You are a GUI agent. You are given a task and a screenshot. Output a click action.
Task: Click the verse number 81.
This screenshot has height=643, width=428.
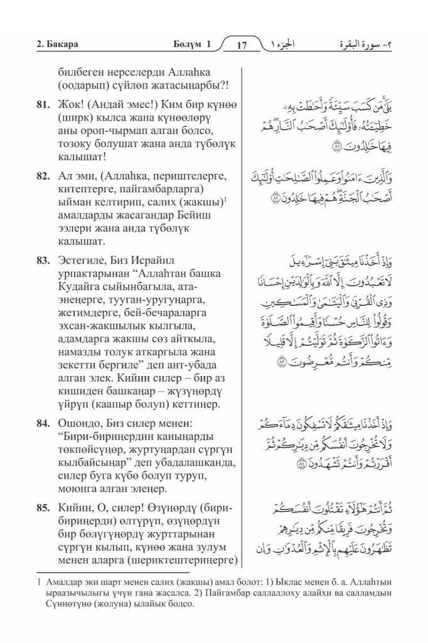click(x=43, y=104)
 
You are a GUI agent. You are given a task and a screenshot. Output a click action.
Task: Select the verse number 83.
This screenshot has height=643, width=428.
click(x=43, y=256)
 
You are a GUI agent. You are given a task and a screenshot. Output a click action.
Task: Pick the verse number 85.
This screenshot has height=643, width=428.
click(x=43, y=504)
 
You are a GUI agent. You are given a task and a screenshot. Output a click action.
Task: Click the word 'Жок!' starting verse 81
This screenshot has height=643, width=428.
click(x=70, y=104)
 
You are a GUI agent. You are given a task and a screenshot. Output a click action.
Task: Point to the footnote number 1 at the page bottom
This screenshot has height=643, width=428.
click(x=39, y=583)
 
